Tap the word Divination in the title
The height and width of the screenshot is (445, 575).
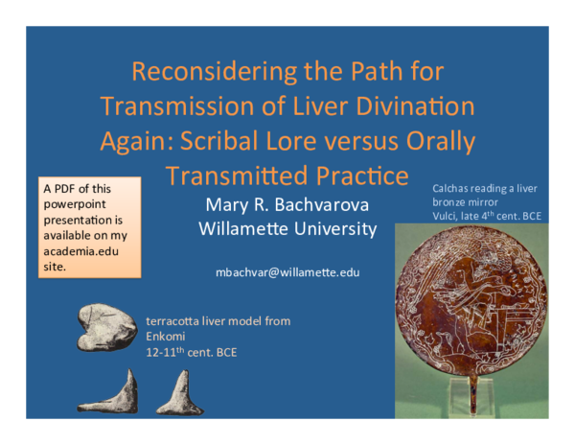click(414, 105)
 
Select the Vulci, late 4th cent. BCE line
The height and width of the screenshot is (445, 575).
click(486, 217)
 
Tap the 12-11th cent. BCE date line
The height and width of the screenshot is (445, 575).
click(191, 352)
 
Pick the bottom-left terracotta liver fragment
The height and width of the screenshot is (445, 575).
click(115, 393)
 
